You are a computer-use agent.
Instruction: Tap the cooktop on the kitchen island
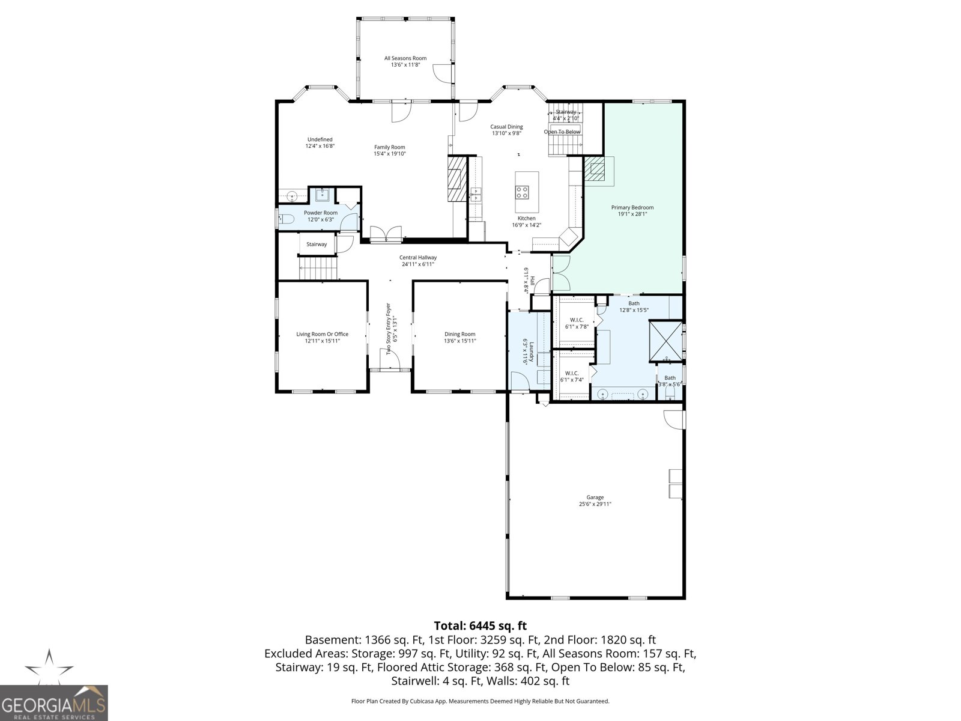click(x=522, y=192)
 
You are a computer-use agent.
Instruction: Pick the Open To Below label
click(x=562, y=132)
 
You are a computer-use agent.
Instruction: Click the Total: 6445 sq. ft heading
click(x=480, y=625)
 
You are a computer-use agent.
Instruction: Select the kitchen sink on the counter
click(x=476, y=195)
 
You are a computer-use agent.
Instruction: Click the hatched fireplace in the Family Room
click(x=457, y=178)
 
